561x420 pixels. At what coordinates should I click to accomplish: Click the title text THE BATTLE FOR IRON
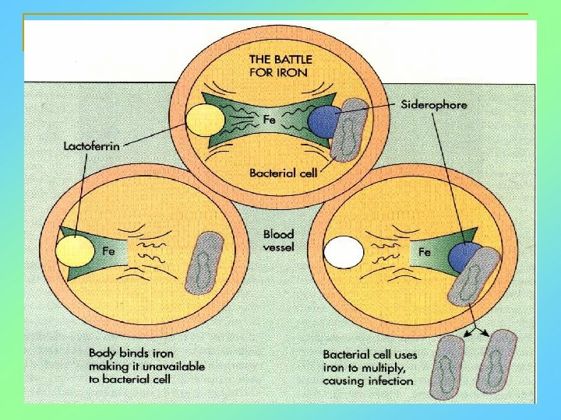point(277,65)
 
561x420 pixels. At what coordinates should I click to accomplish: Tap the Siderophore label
point(434,103)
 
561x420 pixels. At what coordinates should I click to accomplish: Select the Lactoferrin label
point(92,145)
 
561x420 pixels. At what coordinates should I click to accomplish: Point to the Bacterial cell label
point(283,173)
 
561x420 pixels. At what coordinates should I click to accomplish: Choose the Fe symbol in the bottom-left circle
point(110,250)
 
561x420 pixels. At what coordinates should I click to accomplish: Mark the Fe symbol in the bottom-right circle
point(425,252)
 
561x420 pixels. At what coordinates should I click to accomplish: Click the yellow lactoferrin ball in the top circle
point(205,122)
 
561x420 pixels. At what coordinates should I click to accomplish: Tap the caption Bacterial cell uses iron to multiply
point(369,366)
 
